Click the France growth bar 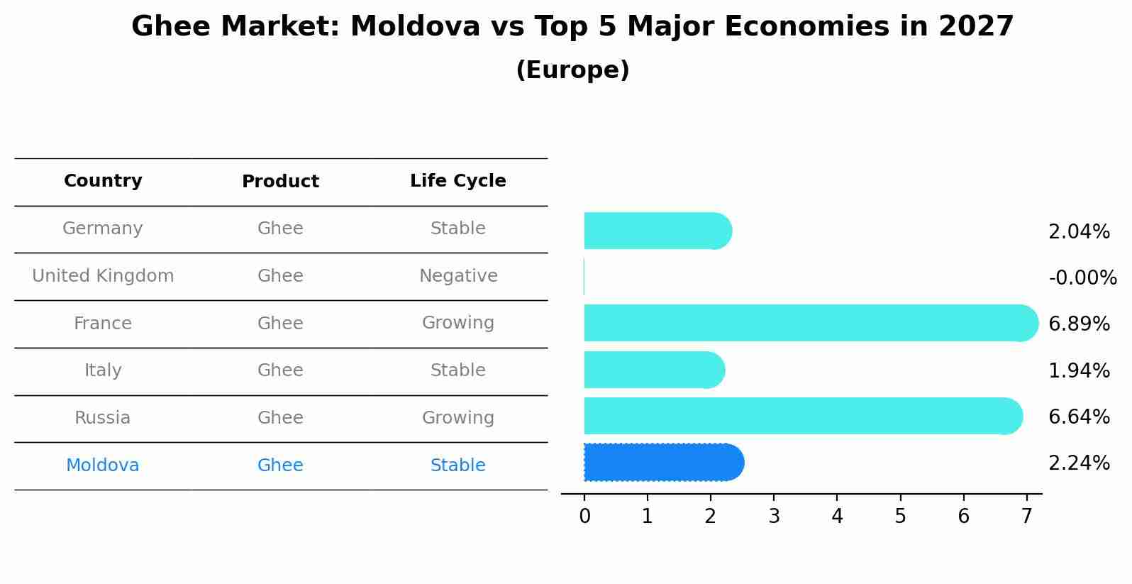(811, 323)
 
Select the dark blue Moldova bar (664, 462)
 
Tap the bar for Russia (804, 416)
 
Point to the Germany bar (658, 231)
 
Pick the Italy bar (655, 370)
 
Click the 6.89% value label (1079, 324)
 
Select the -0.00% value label (1082, 277)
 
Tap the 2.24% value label (1079, 463)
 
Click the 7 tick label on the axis (1026, 516)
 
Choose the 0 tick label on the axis (584, 516)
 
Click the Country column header (103, 180)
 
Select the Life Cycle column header (458, 180)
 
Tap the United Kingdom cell (103, 275)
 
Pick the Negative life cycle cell (458, 275)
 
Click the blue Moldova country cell (103, 465)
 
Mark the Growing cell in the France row (458, 323)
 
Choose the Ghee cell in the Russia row (280, 418)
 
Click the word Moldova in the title (415, 26)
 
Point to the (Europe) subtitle (572, 70)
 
